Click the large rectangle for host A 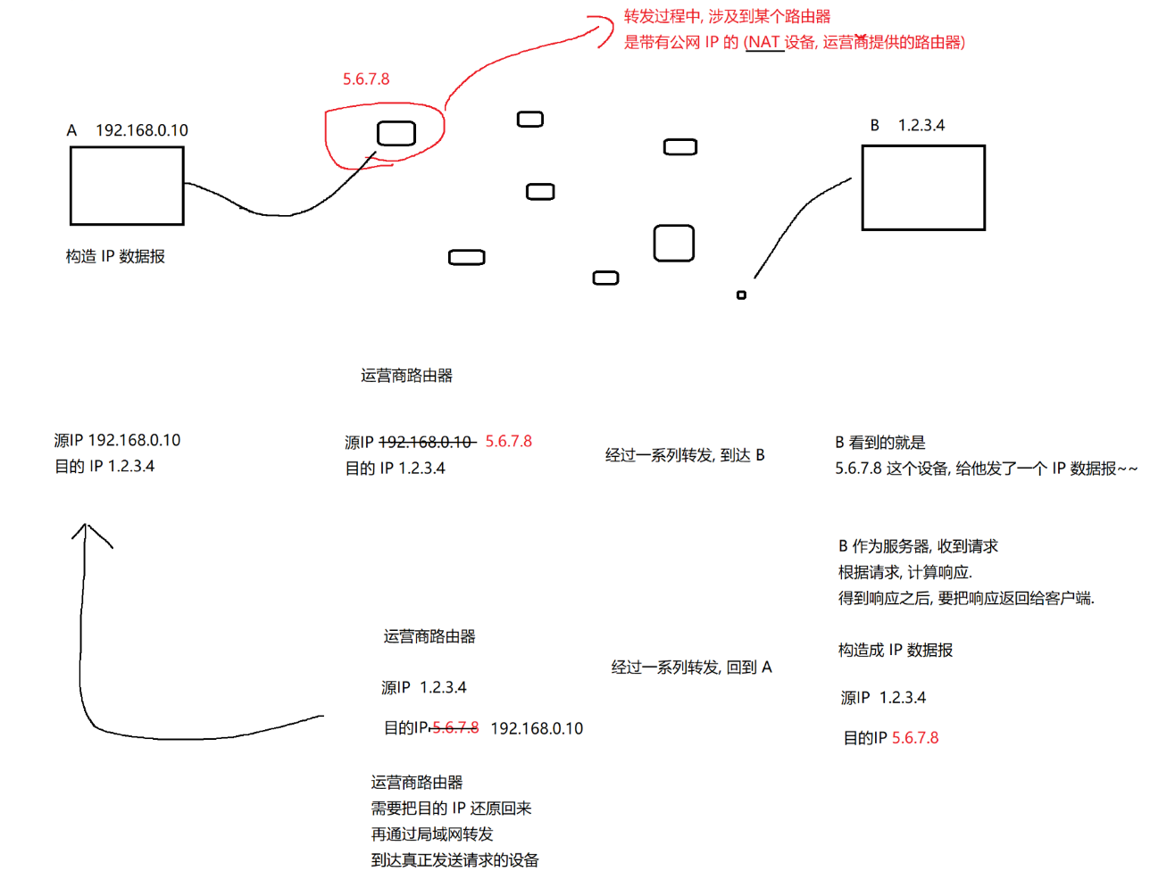(127, 186)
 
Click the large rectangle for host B (923, 187)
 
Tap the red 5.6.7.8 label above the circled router (366, 79)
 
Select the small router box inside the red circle (396, 134)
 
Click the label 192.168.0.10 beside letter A (142, 130)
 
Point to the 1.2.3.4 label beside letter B (921, 125)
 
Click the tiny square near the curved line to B (741, 295)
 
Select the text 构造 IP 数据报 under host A (115, 257)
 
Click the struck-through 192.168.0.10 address (426, 442)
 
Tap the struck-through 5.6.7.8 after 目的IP (455, 728)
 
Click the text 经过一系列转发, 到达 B (685, 455)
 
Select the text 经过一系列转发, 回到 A (691, 668)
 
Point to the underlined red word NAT (763, 42)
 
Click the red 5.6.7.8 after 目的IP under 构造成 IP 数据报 (915, 738)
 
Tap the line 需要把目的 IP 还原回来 (451, 809)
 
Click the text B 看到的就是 (880, 443)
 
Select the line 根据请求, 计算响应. (904, 572)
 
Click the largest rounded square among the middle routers (674, 243)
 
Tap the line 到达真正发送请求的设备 (454, 860)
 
